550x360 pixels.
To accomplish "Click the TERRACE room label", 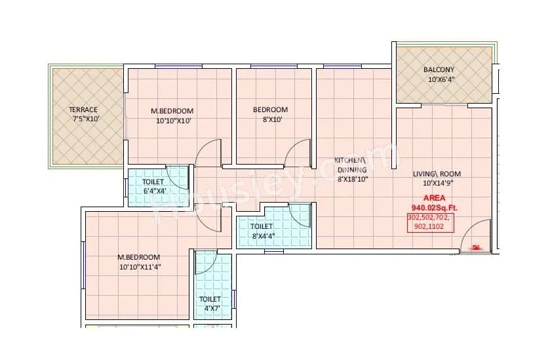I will pos(83,110).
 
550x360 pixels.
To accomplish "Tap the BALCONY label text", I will pos(439,70).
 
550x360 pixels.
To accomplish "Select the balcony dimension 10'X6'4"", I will pos(441,79).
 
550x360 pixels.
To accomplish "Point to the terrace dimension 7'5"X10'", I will pos(85,119).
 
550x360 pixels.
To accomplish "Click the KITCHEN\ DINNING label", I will pos(350,164).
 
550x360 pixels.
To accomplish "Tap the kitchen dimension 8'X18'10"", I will pos(352,178).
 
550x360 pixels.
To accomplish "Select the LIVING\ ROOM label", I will pos(437,174).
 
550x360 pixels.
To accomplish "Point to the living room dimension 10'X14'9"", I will pos(437,183).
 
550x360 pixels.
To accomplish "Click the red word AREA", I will pos(434,197).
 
